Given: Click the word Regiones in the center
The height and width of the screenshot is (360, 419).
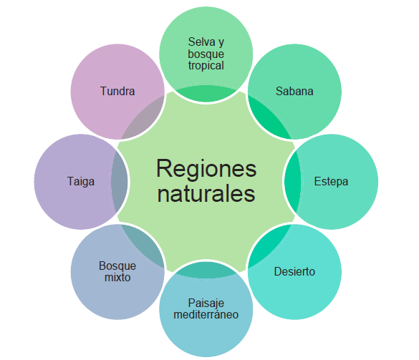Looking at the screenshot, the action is click(206, 170).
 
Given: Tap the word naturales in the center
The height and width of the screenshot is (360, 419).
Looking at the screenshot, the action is click(206, 194).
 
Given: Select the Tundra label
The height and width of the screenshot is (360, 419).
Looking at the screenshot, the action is click(117, 91).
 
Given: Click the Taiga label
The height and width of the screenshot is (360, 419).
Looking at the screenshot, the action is click(81, 182).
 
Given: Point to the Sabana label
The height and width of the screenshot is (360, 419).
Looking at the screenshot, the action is click(294, 91).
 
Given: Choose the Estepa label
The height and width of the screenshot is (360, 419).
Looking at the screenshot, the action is click(331, 182).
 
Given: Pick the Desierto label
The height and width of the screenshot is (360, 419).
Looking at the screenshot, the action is click(294, 271).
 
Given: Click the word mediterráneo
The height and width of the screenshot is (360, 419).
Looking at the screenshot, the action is click(206, 315).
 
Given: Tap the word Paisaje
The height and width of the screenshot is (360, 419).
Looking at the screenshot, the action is click(206, 303).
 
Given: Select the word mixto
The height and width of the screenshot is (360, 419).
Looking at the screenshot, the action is click(117, 278).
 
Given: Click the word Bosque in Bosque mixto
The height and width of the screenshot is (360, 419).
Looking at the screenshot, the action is click(117, 266).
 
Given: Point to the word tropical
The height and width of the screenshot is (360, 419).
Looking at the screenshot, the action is click(206, 66).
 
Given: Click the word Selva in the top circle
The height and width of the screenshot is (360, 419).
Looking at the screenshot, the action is click(201, 42).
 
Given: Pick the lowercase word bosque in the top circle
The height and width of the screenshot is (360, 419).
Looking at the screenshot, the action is click(206, 54).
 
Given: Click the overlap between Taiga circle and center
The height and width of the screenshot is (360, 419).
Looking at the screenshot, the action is click(119, 182).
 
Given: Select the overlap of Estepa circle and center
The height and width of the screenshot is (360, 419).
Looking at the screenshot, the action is click(293, 182).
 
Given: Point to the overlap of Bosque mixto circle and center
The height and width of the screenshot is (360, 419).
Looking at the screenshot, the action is click(144, 245).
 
